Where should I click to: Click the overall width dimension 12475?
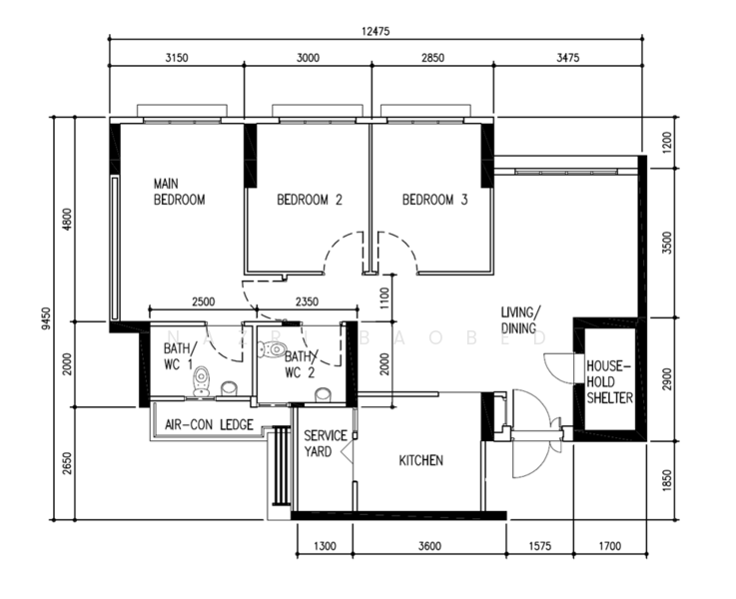(x=375, y=31)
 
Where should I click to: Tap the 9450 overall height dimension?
(x=46, y=318)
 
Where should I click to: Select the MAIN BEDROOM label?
(x=180, y=192)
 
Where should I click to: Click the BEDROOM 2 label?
(x=310, y=200)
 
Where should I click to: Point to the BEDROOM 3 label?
(x=434, y=200)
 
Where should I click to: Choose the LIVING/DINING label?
(x=520, y=319)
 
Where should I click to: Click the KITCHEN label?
(x=421, y=460)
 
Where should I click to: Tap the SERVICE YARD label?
(x=325, y=443)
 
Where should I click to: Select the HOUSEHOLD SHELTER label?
(x=609, y=381)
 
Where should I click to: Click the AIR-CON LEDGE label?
(x=210, y=424)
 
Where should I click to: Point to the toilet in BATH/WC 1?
(x=202, y=381)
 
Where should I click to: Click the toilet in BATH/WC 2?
(x=273, y=349)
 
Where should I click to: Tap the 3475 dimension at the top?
(x=568, y=58)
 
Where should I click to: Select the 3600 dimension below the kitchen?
(x=430, y=546)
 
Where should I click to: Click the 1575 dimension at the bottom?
(x=540, y=546)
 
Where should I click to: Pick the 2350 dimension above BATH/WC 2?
(x=307, y=301)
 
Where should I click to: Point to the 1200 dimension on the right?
(x=667, y=142)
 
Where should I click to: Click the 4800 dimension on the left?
(x=68, y=219)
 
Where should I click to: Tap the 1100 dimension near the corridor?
(x=383, y=299)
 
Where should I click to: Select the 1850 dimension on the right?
(x=667, y=480)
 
